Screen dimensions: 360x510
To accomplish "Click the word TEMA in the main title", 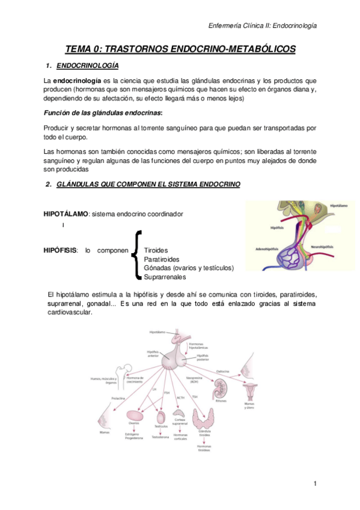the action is (x=79, y=50).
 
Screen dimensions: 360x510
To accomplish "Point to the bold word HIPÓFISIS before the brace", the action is (x=61, y=250).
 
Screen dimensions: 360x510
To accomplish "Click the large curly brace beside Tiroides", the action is (x=138, y=255).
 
